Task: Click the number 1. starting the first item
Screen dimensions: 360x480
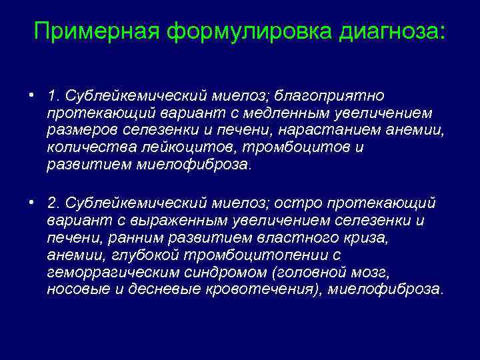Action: point(53,97)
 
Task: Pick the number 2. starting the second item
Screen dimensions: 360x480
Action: point(53,203)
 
